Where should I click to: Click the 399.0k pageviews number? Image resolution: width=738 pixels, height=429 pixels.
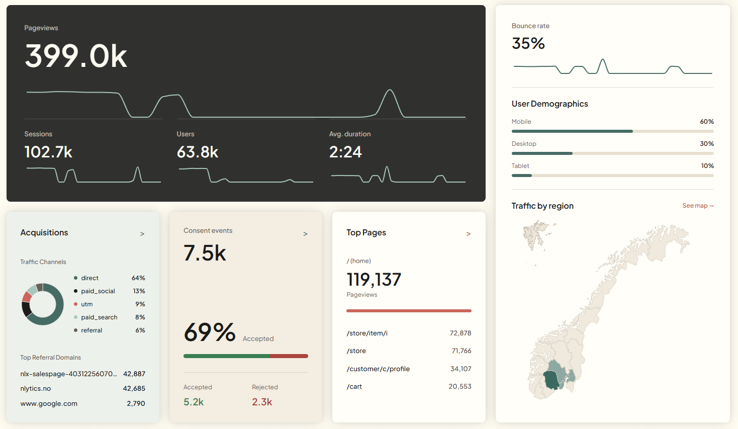[x=76, y=56]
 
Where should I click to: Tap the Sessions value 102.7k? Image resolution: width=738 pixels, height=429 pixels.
[x=48, y=152]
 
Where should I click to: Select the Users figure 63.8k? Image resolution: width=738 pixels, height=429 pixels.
[x=198, y=152]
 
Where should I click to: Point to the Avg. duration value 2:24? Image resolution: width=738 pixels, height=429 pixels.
[x=345, y=152]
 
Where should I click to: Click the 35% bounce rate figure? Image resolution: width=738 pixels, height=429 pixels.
[x=528, y=43]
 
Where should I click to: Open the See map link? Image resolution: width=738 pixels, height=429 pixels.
[x=698, y=206]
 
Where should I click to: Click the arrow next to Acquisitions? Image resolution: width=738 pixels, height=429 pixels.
[x=142, y=234]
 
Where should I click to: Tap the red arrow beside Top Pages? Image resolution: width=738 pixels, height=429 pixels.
[x=468, y=234]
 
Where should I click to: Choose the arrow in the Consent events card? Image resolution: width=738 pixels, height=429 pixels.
[x=305, y=234]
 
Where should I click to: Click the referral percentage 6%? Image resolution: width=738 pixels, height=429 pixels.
[x=140, y=330]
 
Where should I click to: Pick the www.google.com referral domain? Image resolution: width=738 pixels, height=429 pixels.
[x=49, y=404]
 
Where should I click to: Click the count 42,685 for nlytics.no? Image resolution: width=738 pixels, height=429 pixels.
[x=134, y=388]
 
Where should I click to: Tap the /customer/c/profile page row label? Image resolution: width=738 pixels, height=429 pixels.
[x=378, y=369]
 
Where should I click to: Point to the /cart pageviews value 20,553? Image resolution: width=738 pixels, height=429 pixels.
[x=459, y=386]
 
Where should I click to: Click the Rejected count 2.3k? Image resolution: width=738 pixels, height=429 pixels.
[x=262, y=402]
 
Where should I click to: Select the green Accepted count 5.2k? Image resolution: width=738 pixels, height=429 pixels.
[x=194, y=402]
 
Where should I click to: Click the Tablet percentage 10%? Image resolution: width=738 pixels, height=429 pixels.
[x=707, y=166]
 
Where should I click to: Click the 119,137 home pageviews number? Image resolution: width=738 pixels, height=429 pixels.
[x=374, y=280]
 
